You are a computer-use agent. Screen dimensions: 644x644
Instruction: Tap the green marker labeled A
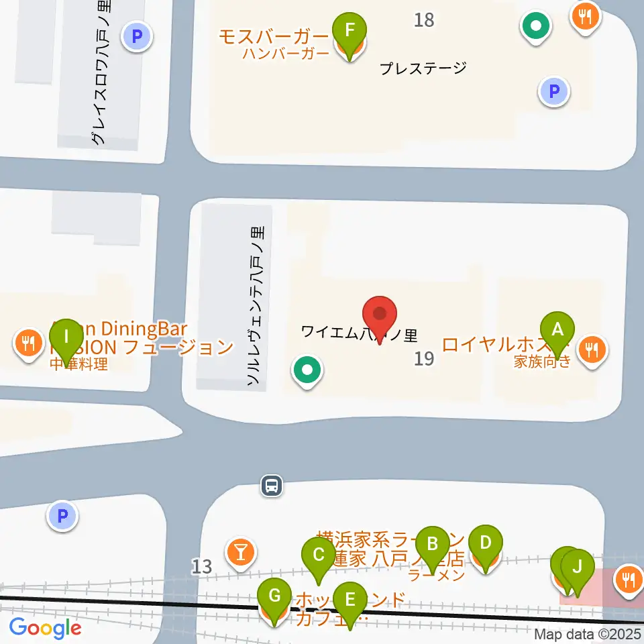click(x=557, y=329)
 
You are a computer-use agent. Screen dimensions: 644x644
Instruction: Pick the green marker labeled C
click(x=319, y=555)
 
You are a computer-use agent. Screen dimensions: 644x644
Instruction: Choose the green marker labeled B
click(x=433, y=543)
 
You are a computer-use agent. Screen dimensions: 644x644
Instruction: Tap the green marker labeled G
click(x=274, y=595)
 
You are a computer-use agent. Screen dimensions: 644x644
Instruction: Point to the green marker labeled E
click(x=350, y=598)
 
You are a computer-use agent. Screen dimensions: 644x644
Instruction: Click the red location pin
click(x=380, y=315)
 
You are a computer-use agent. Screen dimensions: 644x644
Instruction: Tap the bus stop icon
click(x=272, y=486)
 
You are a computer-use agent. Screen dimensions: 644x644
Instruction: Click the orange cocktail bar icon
click(x=241, y=552)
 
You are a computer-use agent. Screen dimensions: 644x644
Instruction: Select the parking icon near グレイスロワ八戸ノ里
click(x=137, y=36)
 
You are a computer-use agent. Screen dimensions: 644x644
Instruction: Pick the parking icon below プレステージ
click(x=554, y=91)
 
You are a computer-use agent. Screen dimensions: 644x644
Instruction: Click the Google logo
click(x=45, y=628)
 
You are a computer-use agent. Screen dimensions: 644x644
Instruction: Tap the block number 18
click(x=424, y=20)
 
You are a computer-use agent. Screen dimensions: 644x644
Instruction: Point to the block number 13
click(x=201, y=567)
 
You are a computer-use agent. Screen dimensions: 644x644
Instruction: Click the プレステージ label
click(x=422, y=68)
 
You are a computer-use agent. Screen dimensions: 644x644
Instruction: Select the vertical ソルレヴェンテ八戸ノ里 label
click(x=256, y=306)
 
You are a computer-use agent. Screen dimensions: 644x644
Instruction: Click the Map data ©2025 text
click(x=588, y=634)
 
